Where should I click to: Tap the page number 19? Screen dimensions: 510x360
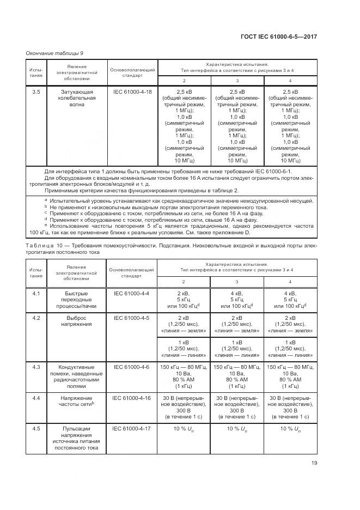314,463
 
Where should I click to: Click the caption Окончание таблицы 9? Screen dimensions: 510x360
54,52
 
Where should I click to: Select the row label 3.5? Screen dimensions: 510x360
36,92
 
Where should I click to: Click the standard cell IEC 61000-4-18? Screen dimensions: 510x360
132,92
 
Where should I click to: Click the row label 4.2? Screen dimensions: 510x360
36,318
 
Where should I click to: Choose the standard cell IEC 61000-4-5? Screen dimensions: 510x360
132,318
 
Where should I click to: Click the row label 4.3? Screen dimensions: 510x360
36,367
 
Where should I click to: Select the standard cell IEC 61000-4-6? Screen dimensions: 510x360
132,367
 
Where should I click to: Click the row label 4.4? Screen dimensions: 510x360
36,398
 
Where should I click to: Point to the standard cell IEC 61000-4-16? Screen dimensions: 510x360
132,398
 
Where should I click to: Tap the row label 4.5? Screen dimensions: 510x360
36,429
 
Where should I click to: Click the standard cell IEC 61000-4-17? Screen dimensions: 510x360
132,429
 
